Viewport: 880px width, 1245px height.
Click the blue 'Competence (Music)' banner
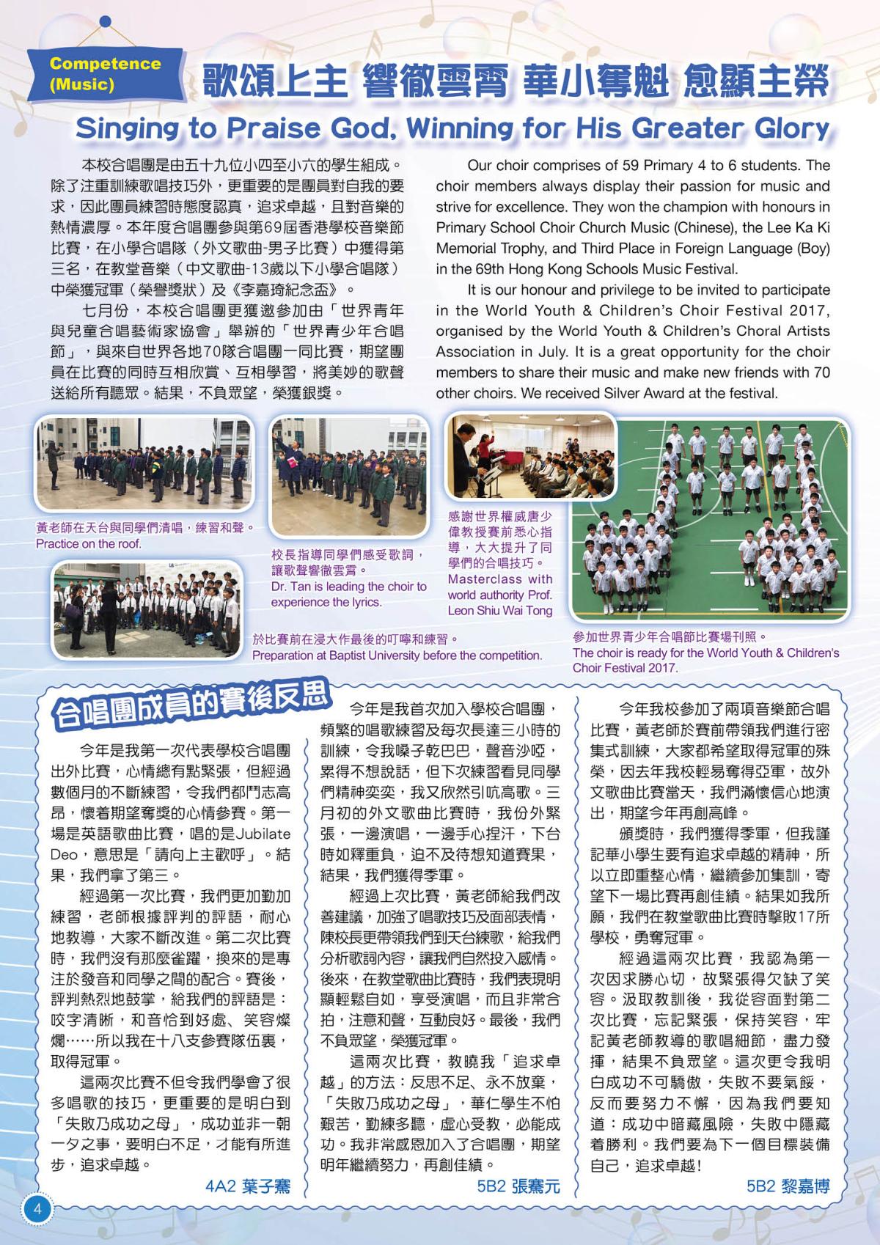(105, 73)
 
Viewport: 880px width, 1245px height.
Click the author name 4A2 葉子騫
(247, 1186)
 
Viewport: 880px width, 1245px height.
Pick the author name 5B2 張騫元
(518, 1186)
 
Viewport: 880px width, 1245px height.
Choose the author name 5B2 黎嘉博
(788, 1186)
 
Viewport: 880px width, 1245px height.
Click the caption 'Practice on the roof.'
(88, 544)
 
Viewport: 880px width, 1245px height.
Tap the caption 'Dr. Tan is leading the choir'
(348, 587)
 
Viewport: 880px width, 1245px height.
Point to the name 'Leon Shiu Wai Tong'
(499, 611)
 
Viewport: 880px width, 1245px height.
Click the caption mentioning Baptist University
(397, 655)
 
